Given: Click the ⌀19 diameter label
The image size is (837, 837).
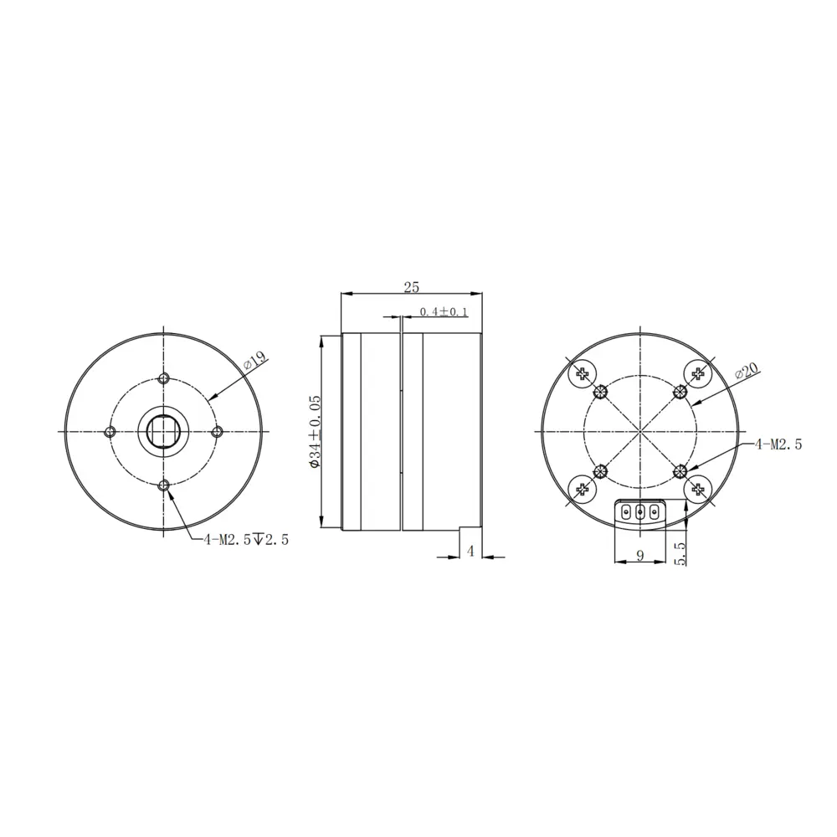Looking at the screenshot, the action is click(x=255, y=362).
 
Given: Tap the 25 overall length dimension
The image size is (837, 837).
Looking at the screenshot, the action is click(x=411, y=287).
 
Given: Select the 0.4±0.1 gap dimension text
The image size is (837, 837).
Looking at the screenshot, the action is click(x=444, y=311).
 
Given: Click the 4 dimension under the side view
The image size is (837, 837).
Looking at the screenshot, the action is click(x=470, y=551).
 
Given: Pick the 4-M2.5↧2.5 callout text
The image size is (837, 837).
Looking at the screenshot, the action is click(x=246, y=540).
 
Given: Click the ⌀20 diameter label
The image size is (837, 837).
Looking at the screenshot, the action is click(x=747, y=371).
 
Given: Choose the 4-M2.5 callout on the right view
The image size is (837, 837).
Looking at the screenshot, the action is click(x=778, y=444).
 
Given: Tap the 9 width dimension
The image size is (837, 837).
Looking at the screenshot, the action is click(x=640, y=555).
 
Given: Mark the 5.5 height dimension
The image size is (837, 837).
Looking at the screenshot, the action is click(x=680, y=553).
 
